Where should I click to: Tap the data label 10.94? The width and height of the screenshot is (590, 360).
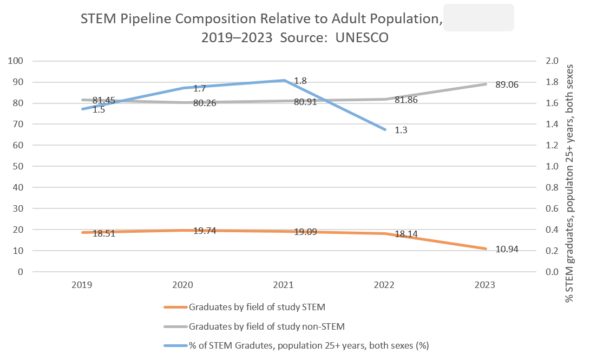click(508, 249)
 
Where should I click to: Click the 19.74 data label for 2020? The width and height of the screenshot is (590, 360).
click(205, 231)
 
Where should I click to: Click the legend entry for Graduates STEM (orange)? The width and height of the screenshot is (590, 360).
click(257, 308)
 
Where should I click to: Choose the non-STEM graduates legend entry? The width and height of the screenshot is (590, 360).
click(267, 326)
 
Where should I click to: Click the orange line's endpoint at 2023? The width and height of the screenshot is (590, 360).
click(486, 249)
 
